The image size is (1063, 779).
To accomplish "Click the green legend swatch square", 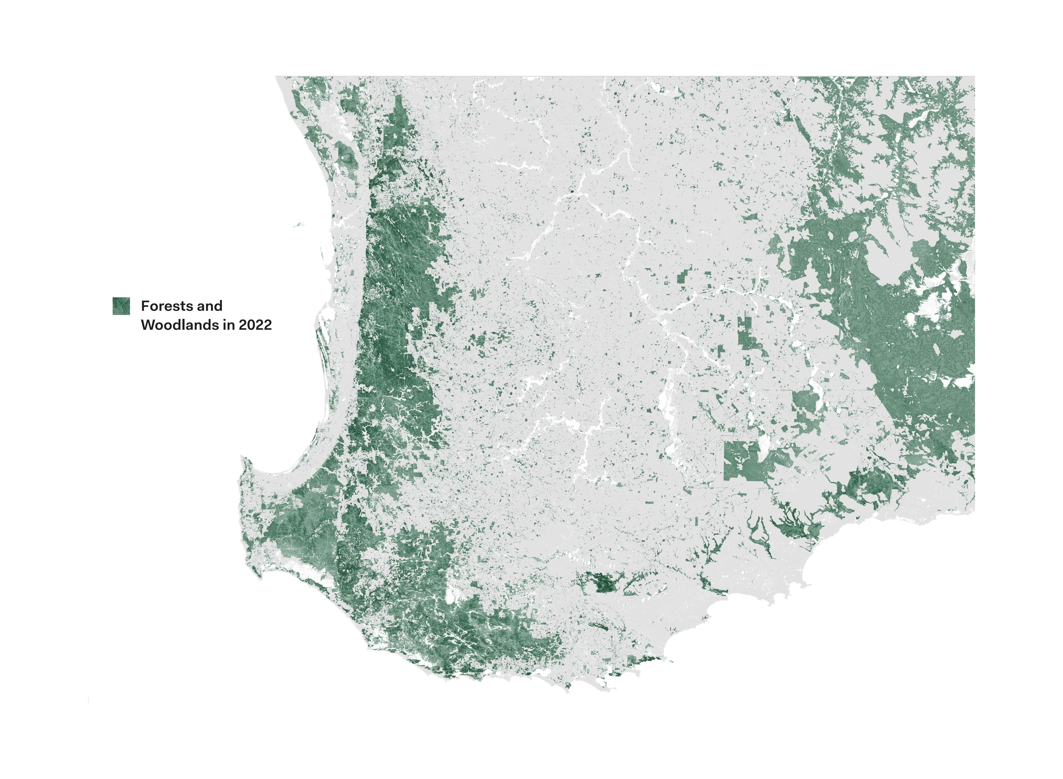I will (121, 306).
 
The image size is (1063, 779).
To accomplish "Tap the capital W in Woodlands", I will (147, 325).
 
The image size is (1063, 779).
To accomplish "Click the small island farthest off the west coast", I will (298, 225).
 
